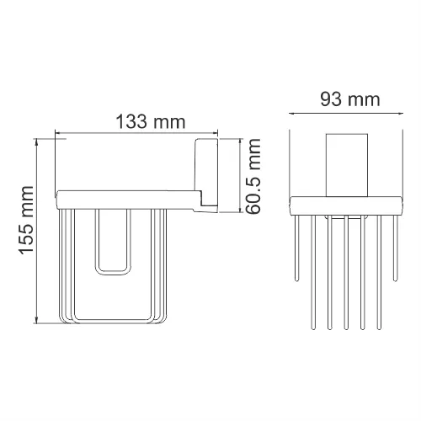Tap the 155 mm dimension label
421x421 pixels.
coord(26,227)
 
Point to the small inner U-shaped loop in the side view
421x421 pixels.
coord(114,244)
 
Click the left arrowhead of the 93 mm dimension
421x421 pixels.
coord(291,113)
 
